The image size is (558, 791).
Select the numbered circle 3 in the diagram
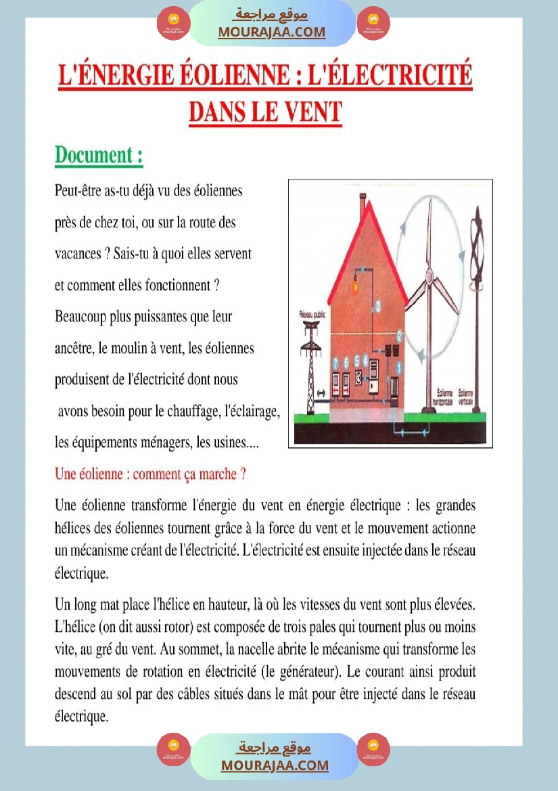(378, 306)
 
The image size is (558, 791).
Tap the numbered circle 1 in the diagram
(399, 367)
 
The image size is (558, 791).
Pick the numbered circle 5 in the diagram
(356, 361)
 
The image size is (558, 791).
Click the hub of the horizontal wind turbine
(428, 275)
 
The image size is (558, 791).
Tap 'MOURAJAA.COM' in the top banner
(272, 32)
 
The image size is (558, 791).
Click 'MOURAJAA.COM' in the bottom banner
(275, 765)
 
